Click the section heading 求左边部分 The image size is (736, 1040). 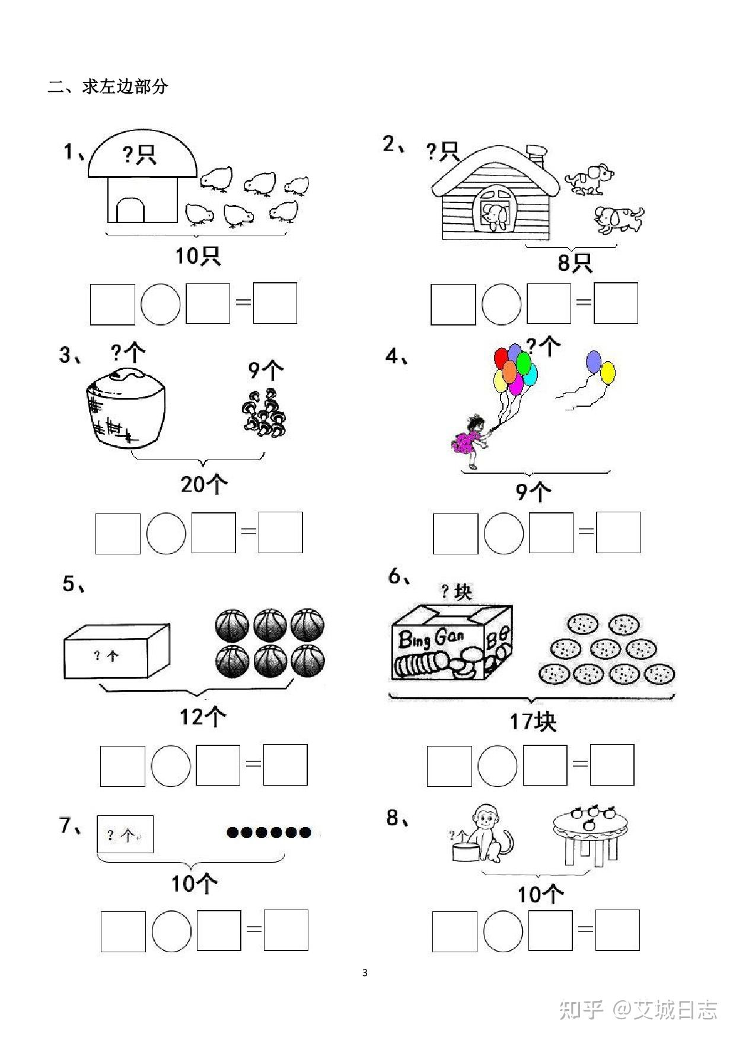tap(125, 87)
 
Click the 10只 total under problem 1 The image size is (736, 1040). tap(197, 256)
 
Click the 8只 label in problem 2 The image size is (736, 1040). tap(574, 262)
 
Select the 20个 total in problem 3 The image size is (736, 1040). tap(203, 484)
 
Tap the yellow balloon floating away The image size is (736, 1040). tap(607, 373)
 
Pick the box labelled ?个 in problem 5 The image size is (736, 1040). tap(117, 650)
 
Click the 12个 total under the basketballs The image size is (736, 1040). tap(202, 717)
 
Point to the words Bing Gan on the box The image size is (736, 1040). tap(431, 639)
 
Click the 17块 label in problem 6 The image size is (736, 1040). tap(533, 722)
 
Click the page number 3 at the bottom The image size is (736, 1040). tap(365, 972)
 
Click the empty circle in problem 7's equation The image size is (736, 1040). tap(171, 931)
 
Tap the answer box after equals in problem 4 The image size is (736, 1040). tap(618, 532)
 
